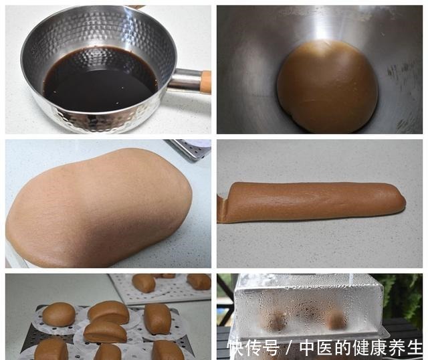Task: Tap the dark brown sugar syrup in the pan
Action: click(x=100, y=80)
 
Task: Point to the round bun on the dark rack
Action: click(x=59, y=314)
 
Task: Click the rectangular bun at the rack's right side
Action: click(x=158, y=319)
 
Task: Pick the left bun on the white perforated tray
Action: click(x=144, y=283)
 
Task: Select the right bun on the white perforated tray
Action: click(x=199, y=281)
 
